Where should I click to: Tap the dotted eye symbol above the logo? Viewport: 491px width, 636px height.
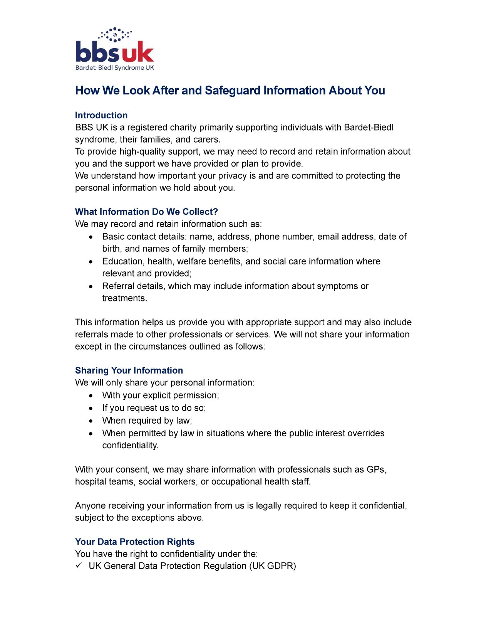[x=115, y=34]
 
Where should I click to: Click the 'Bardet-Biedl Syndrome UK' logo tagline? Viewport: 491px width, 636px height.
[x=115, y=68]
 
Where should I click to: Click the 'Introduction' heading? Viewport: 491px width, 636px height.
[x=101, y=115]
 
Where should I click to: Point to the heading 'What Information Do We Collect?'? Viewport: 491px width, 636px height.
[x=146, y=212]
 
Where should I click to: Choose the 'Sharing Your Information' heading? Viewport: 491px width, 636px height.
[x=129, y=370]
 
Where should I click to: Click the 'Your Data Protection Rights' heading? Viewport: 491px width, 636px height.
[x=135, y=542]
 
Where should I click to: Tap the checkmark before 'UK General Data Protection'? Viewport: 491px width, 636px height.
[x=79, y=565]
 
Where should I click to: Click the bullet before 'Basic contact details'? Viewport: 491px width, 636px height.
[x=91, y=237]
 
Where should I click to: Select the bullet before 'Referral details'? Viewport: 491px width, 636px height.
[x=91, y=286]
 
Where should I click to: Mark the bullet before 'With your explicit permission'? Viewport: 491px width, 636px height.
[x=91, y=396]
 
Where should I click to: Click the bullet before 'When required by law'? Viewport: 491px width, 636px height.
[x=91, y=421]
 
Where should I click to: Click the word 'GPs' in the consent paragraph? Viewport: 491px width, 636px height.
[x=376, y=469]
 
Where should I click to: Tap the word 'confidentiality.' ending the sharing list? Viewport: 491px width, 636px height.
[x=130, y=445]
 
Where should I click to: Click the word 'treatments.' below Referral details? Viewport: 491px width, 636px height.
[x=124, y=298]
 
